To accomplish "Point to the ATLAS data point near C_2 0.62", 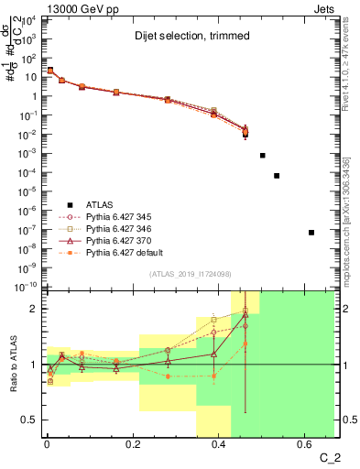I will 311,233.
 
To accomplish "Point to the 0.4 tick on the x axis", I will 218,445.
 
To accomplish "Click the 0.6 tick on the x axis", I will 304,445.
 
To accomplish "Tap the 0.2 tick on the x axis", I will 132,445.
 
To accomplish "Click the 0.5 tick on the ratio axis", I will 33,420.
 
